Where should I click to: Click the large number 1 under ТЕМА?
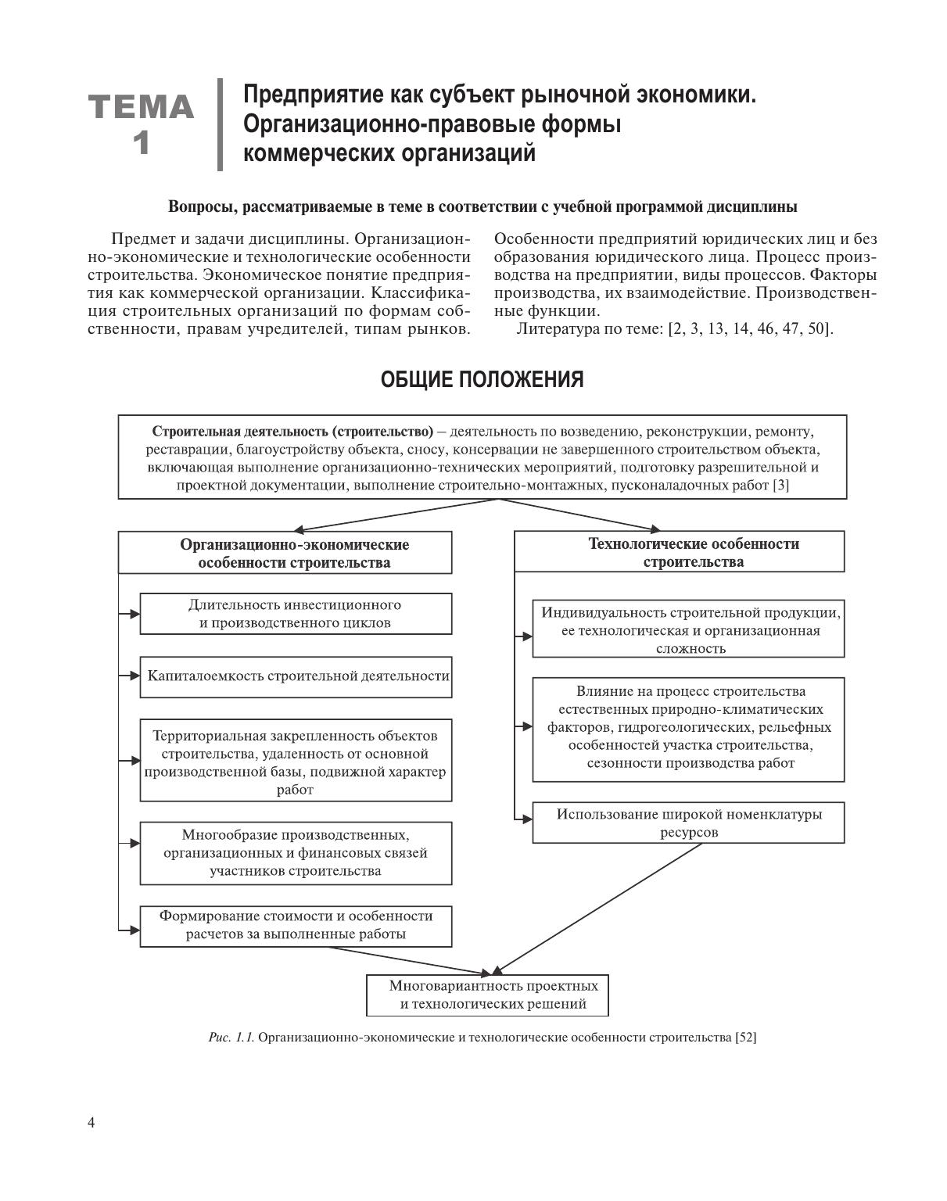click(141, 145)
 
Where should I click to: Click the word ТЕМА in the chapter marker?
click(141, 107)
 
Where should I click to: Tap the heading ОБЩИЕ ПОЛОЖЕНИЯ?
click(482, 380)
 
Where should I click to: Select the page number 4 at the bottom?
click(91, 1124)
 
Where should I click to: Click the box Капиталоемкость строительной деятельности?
click(296, 676)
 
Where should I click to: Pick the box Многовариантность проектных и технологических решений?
click(487, 995)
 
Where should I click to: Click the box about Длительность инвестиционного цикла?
click(296, 614)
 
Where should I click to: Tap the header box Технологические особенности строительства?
click(679, 552)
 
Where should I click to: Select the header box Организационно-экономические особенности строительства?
click(285, 554)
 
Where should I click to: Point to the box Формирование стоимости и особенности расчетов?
click(296, 925)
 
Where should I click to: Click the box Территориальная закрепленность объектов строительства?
click(296, 762)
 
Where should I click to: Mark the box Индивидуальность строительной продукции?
click(688, 629)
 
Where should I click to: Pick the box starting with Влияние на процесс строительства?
click(688, 729)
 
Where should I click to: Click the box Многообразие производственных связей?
click(296, 852)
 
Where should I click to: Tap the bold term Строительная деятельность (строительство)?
click(292, 432)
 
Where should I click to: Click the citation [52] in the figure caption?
click(746, 1038)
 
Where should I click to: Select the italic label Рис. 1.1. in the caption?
click(231, 1038)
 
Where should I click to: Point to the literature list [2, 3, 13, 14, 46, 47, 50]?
click(750, 328)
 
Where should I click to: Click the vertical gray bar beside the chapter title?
click(221, 124)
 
